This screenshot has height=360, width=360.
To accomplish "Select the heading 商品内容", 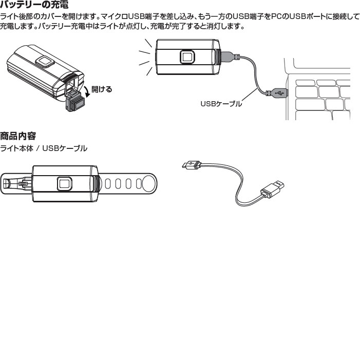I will (x=18, y=137).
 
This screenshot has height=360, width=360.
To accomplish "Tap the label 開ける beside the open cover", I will (x=101, y=89).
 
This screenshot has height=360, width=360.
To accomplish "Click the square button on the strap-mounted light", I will (x=64, y=183).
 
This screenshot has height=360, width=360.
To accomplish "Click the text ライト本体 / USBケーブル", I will (x=44, y=149).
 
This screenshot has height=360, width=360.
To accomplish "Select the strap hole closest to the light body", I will (x=108, y=183).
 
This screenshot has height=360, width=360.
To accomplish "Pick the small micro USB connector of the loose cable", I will (x=191, y=165).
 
